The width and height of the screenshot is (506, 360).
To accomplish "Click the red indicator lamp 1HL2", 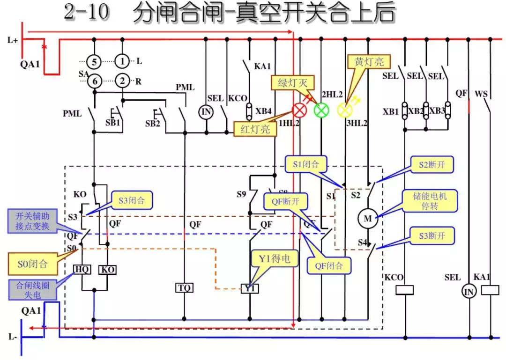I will coord(299,110).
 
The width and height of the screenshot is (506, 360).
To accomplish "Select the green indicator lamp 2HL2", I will coord(321,110).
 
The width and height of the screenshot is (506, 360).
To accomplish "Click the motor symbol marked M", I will coord(368,218).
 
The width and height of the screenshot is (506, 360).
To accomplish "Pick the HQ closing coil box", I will coord(82,270).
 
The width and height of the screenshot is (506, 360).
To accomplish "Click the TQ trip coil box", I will coord(184,287).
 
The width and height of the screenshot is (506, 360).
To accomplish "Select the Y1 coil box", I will coord(250,288).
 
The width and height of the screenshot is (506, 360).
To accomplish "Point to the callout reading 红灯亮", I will coord(255,129).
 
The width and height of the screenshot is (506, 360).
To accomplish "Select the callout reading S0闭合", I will coord(32,264).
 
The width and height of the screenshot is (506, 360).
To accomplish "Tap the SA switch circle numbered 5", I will coord(94,61).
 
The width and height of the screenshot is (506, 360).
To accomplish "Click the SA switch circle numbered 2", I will coord(122,81).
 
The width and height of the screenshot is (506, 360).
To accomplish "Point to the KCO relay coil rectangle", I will coord(405,290).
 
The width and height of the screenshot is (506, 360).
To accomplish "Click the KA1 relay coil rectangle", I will coord(490,290).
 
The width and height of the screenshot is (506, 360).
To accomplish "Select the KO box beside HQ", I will coord(108,270).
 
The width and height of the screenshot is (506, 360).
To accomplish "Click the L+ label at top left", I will coord(13,40).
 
